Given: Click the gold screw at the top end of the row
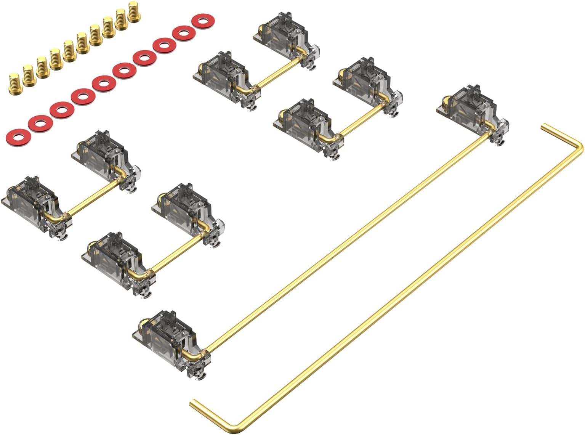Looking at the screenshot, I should coord(135,11).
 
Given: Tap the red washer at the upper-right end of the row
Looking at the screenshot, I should coord(204,21).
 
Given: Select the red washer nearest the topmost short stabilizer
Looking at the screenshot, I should coord(204,21).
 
